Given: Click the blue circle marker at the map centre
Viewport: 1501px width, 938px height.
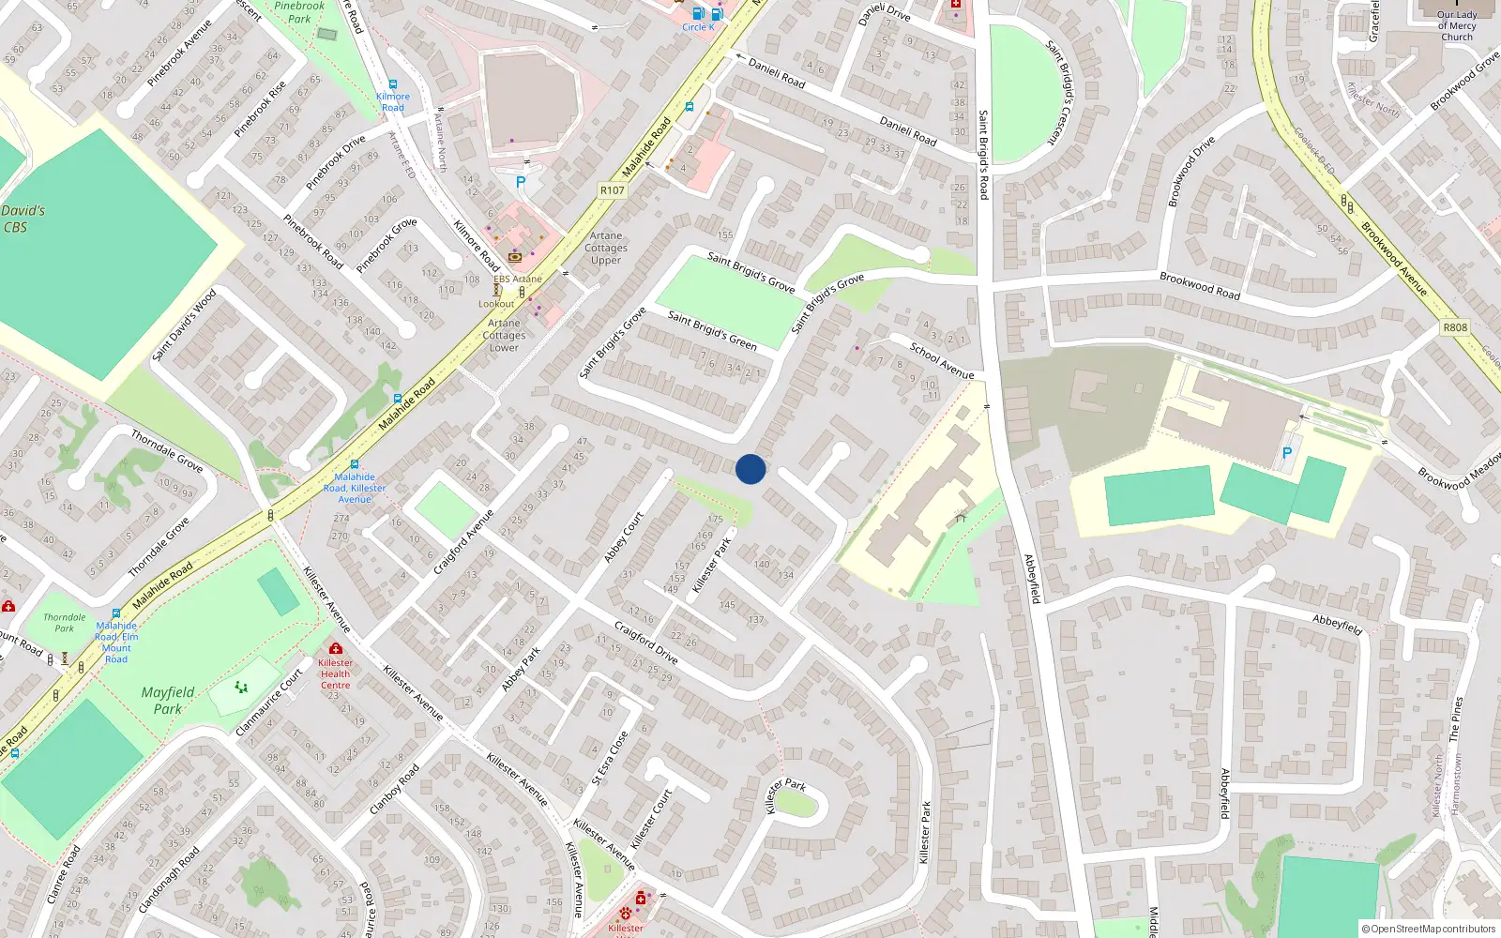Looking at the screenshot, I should pyautogui.click(x=750, y=469).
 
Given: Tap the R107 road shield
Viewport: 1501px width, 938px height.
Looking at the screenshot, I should pyautogui.click(x=612, y=190).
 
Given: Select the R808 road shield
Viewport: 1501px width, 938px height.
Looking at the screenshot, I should pyautogui.click(x=1455, y=327).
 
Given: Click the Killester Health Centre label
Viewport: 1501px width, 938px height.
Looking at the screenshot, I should pyautogui.click(x=335, y=673).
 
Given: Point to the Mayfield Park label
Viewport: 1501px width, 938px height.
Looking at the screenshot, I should pyautogui.click(x=168, y=700).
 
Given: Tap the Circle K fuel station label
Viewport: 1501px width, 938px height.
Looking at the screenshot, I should pyautogui.click(x=698, y=27).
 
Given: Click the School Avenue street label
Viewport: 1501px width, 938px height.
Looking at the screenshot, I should pyautogui.click(x=942, y=361).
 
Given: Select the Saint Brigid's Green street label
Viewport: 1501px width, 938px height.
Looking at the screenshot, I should pyautogui.click(x=712, y=330).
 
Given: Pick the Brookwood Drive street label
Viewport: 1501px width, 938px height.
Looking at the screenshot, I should pyautogui.click(x=1191, y=171).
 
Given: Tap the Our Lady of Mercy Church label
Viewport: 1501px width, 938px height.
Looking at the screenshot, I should pyautogui.click(x=1456, y=25).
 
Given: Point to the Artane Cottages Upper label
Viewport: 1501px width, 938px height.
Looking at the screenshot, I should pyautogui.click(x=606, y=249).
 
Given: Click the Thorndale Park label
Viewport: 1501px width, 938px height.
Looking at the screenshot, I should pyautogui.click(x=64, y=623).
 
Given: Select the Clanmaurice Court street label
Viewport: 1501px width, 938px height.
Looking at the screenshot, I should pyautogui.click(x=269, y=702).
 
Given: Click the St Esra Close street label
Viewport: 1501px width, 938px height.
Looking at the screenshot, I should pyautogui.click(x=610, y=758).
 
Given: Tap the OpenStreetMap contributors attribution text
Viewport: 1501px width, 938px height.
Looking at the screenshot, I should pyautogui.click(x=1428, y=929).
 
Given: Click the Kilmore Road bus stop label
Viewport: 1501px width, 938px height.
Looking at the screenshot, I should pyautogui.click(x=393, y=101).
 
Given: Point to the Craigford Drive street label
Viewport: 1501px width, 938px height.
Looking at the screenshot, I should pyautogui.click(x=645, y=642).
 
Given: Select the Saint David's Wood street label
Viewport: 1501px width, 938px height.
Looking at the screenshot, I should pyautogui.click(x=184, y=325).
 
